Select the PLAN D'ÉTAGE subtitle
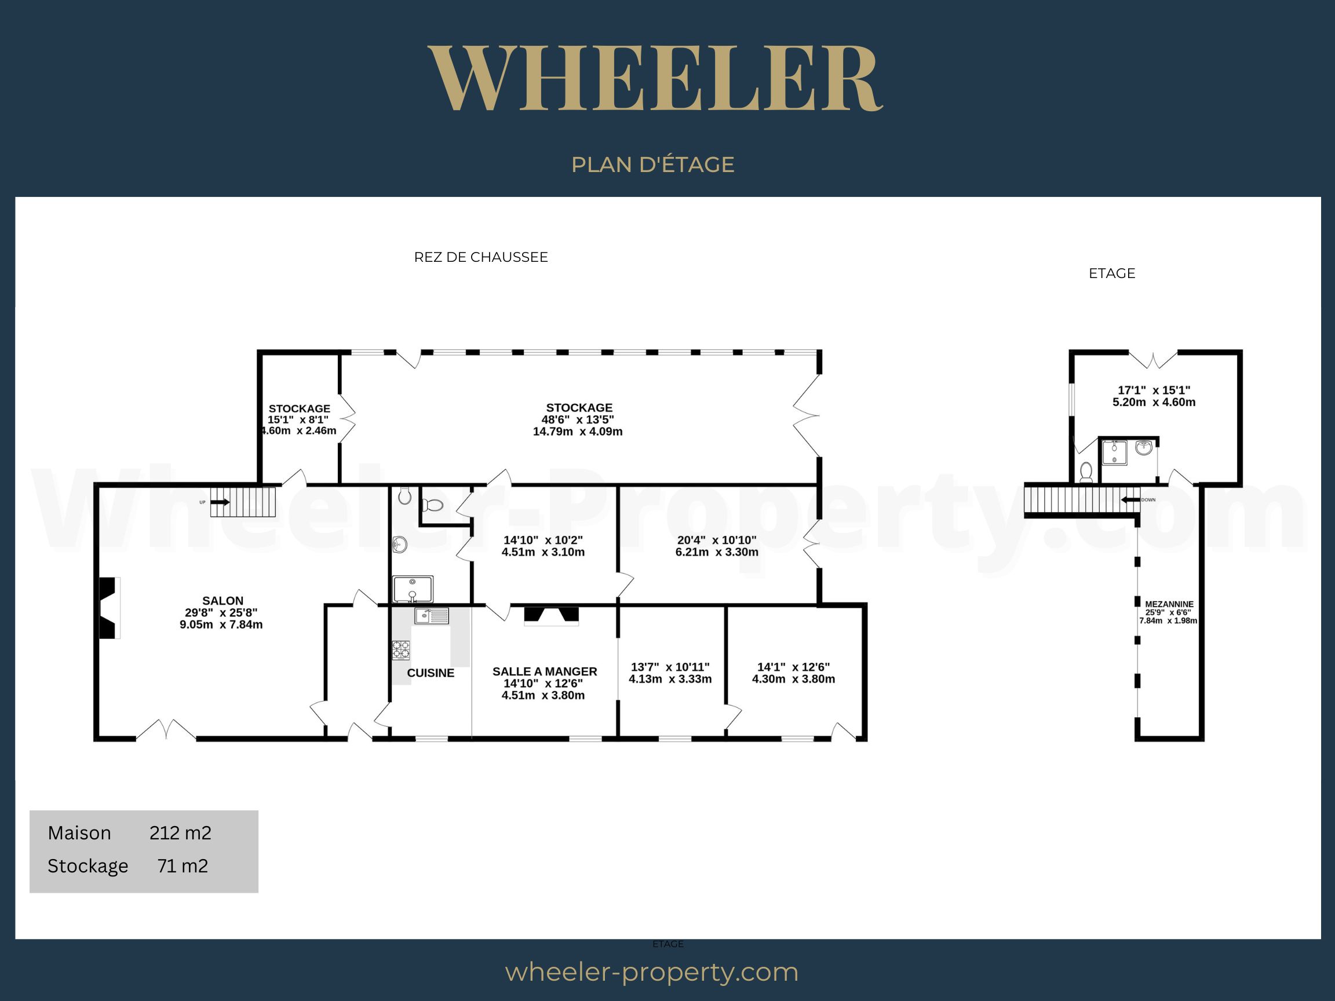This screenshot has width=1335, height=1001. [652, 164]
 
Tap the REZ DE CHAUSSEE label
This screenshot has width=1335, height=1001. [481, 257]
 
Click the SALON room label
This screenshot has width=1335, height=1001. [222, 600]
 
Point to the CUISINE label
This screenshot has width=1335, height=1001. [431, 673]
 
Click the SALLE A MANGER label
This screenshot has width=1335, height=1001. [545, 671]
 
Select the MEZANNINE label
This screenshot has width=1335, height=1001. [1169, 604]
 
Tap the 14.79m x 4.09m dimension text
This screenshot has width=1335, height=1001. [578, 432]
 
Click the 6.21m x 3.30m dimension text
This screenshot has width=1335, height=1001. [717, 551]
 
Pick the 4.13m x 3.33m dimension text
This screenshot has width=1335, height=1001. [670, 679]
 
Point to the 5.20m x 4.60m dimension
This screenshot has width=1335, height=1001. [1154, 402]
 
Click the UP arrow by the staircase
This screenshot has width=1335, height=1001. [220, 502]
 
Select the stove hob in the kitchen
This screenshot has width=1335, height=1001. [402, 650]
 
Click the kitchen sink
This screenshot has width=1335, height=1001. [432, 616]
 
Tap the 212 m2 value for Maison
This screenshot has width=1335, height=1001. [180, 832]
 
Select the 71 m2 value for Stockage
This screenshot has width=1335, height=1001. [183, 866]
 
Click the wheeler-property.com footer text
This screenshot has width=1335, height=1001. [652, 972]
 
